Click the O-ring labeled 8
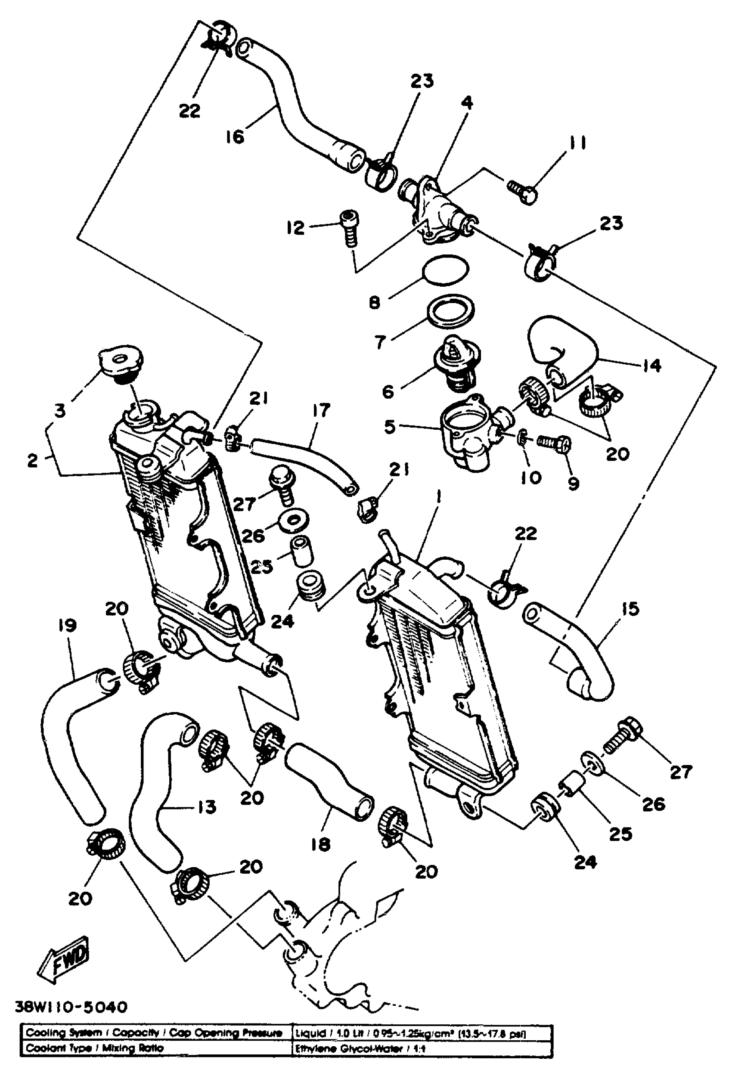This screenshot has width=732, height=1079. [445, 269]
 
